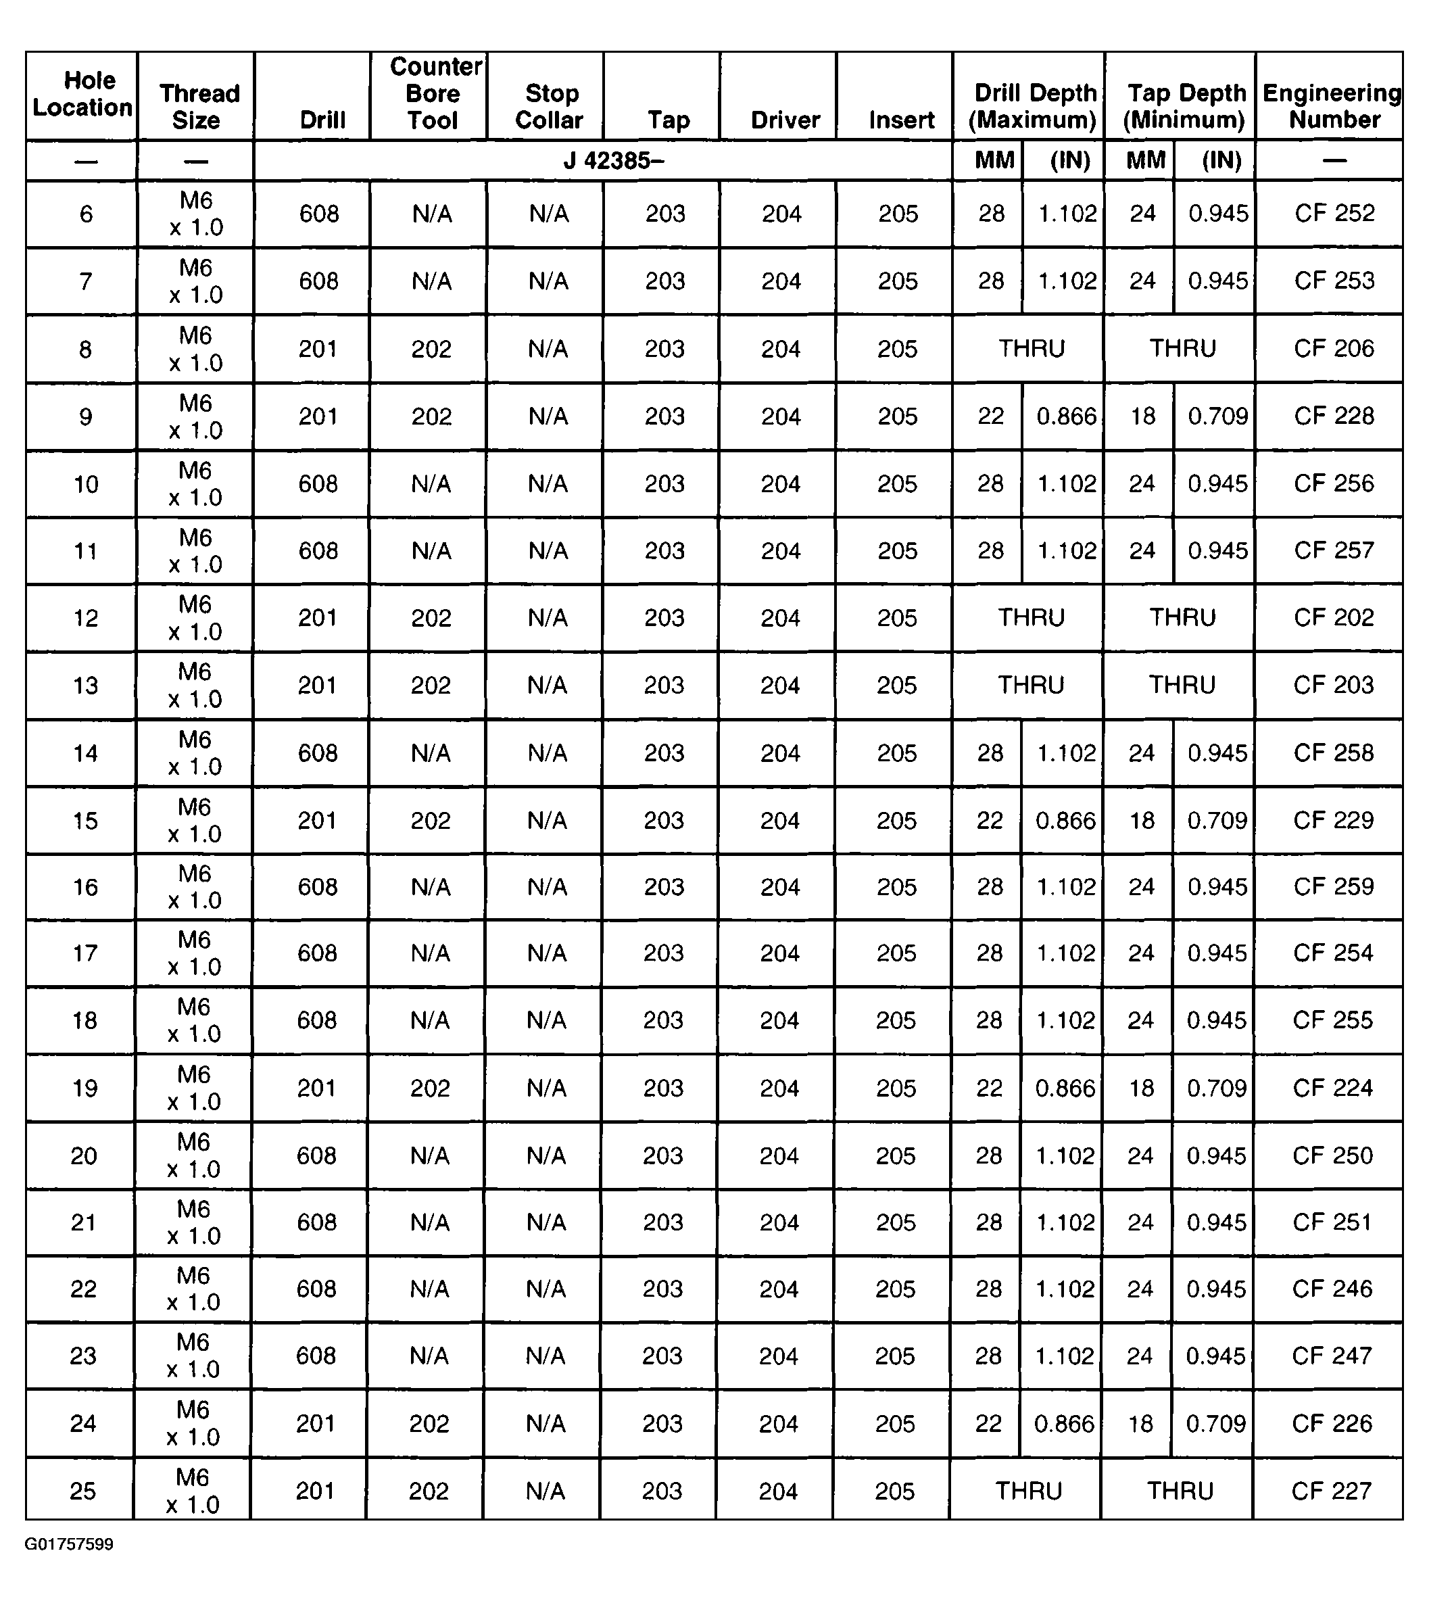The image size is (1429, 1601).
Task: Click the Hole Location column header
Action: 82,94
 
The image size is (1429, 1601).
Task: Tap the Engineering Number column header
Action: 1332,107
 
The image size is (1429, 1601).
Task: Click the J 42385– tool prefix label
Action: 613,161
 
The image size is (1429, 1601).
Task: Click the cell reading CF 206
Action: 1334,349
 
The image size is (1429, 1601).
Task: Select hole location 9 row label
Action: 86,417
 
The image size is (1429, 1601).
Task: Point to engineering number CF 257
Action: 1334,550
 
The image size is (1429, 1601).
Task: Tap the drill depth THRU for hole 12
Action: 1031,618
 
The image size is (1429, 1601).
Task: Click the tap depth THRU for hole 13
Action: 1182,686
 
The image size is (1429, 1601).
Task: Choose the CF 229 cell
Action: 1333,821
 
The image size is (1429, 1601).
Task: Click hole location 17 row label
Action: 84,954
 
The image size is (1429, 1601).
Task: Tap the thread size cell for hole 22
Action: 193,1289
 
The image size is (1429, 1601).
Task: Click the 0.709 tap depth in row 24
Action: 1215,1425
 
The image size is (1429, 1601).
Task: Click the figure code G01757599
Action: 69,1544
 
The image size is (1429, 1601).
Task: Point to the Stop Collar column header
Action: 550,107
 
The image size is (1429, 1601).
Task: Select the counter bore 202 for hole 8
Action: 431,350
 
